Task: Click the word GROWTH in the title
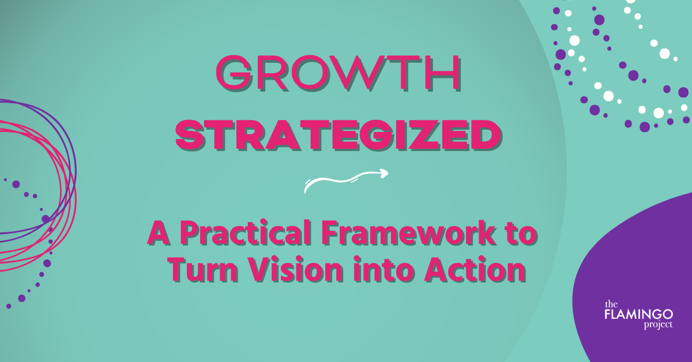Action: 339,73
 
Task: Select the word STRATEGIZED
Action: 339,136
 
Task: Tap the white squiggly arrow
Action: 346,180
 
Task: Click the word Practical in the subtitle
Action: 246,233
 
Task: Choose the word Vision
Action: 296,269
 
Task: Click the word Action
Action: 475,269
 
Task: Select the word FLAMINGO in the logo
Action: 638,315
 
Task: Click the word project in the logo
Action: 658,325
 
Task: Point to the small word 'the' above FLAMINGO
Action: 611,304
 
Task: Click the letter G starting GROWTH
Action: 234,74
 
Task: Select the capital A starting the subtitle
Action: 160,233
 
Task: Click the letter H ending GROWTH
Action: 443,74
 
